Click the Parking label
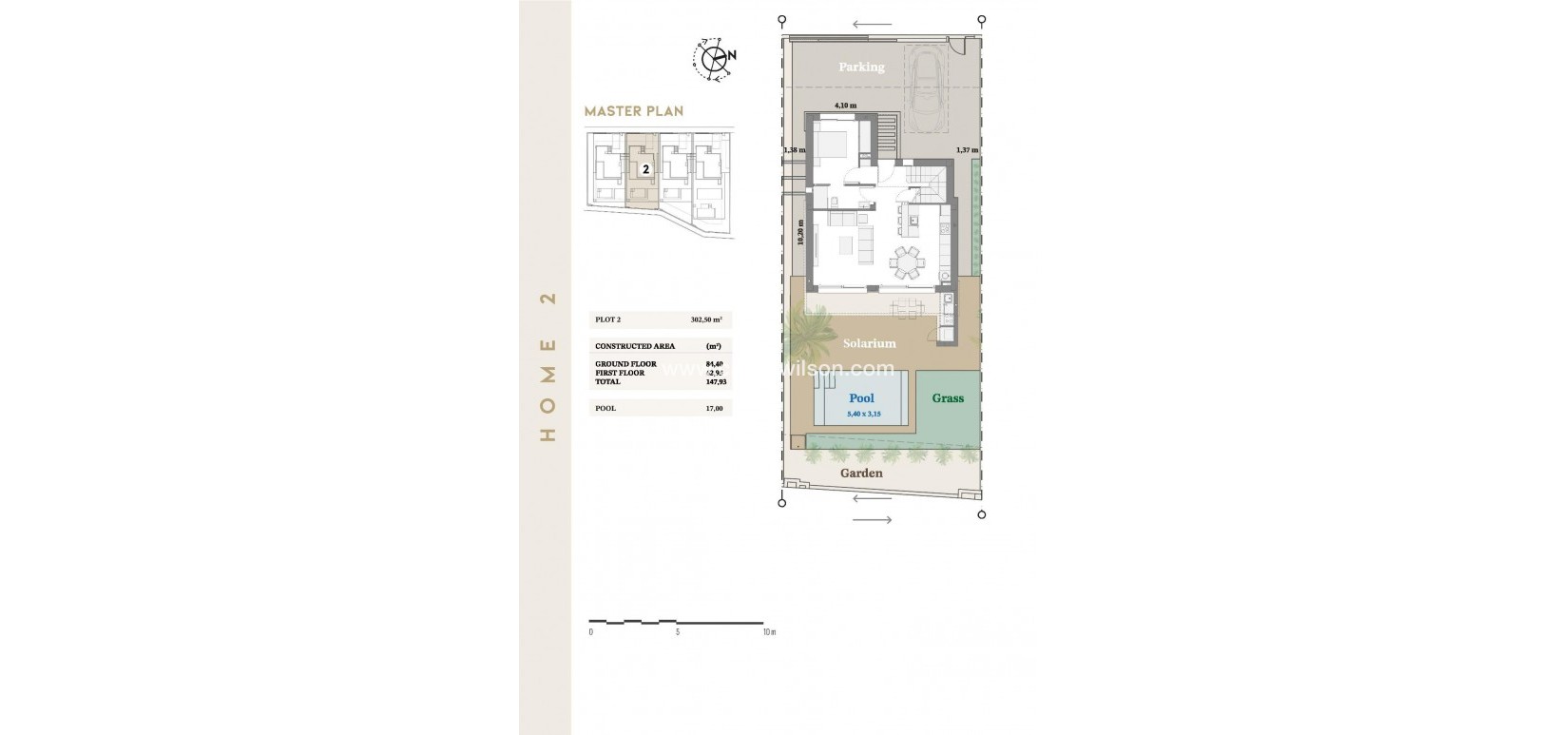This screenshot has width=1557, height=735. pos(861,67)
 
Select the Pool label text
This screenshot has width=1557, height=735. pos(861,398)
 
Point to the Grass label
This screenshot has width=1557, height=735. pos(948,398)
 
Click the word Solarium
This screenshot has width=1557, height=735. pos(870,343)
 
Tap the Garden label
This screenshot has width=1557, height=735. pos(861,473)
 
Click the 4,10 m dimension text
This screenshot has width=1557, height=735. pos(845,106)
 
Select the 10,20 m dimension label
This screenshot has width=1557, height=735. pos(800,235)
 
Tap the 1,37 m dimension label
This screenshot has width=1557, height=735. pos(967,150)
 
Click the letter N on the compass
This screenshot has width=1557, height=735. pos(731,56)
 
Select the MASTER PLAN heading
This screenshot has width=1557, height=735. pos(633,111)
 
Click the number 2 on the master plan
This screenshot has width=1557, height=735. pos(645,169)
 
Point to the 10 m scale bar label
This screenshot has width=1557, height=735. pos(769,631)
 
